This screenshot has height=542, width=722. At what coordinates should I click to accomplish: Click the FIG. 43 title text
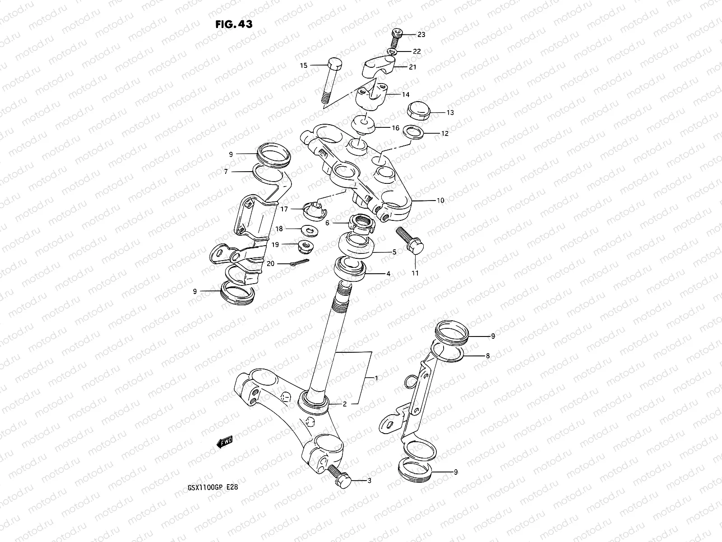coord(233,23)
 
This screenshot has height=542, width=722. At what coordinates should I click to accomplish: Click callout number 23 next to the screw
coord(421,34)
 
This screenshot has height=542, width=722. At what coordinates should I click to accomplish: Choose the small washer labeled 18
coord(310,230)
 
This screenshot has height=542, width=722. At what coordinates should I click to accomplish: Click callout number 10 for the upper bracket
coord(440,200)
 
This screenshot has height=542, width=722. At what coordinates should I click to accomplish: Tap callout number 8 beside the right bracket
coord(487,356)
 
